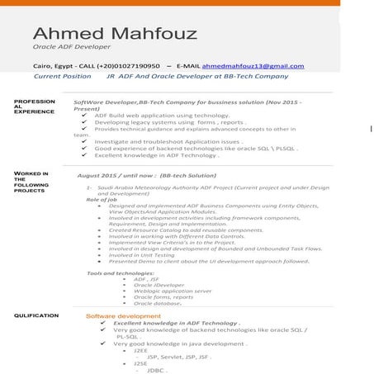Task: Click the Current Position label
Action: [x=62, y=76]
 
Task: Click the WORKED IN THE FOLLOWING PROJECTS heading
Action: [x=31, y=182]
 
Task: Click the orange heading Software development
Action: [x=123, y=316]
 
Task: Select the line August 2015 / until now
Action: [x=146, y=176]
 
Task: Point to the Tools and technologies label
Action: [x=120, y=272]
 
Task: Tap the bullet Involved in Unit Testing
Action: [x=141, y=255]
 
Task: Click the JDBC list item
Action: [x=155, y=370]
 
